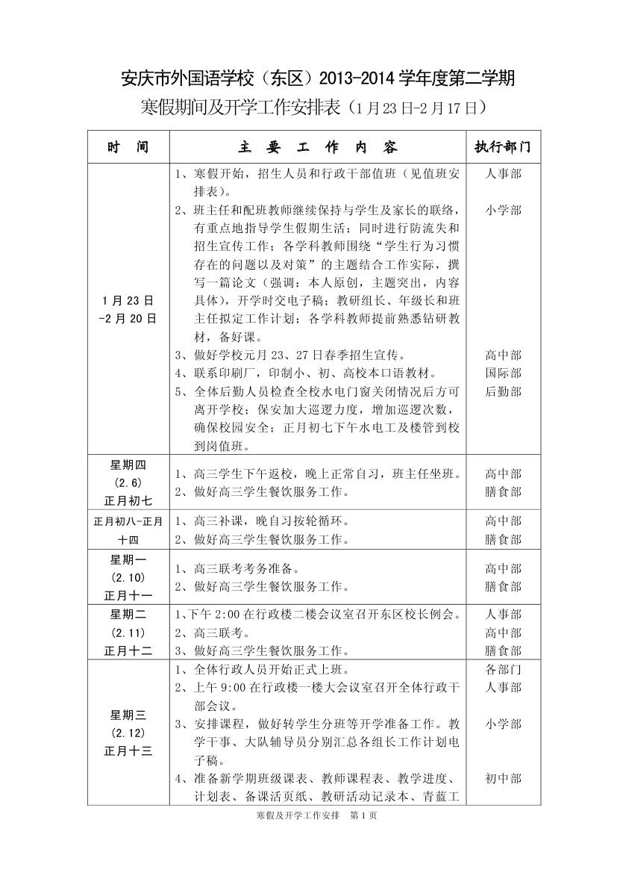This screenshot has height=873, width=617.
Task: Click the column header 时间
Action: click(128, 147)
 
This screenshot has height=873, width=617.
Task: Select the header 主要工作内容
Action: click(319, 147)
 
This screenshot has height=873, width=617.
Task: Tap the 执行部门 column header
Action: click(503, 147)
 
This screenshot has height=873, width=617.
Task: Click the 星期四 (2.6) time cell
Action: click(128, 482)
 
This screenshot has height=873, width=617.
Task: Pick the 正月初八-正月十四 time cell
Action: click(128, 529)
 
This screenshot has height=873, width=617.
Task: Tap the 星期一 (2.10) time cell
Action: click(128, 577)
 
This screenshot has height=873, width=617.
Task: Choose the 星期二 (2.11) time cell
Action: click(128, 632)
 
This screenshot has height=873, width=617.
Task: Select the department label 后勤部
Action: click(503, 391)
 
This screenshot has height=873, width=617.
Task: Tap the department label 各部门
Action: click(503, 669)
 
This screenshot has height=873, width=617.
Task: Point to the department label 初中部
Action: click(503, 779)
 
